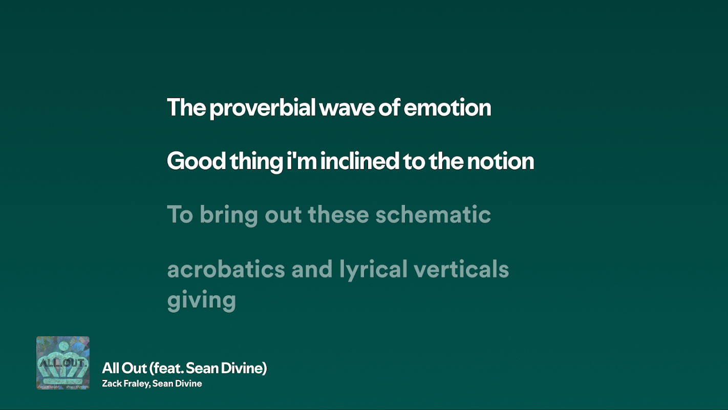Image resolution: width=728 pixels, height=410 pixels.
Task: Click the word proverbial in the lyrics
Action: (262, 108)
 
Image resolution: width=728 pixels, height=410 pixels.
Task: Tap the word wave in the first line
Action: (347, 108)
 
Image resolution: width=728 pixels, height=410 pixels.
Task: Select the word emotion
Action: (447, 108)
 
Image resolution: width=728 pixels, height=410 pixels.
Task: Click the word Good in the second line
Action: (196, 161)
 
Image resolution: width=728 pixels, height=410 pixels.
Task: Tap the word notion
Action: (501, 161)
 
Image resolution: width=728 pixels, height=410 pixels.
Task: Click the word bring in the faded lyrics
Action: (229, 215)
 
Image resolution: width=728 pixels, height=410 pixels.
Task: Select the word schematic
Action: (433, 214)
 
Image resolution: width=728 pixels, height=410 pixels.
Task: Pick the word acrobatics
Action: (226, 269)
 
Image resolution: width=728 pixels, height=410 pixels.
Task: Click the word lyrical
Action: (373, 270)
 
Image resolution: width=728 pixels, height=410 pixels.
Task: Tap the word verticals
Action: (461, 269)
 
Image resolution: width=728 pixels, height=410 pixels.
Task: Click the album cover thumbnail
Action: (63, 363)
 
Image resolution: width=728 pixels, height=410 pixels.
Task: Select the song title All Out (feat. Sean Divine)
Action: (184, 368)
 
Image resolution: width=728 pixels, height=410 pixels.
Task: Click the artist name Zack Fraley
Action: (126, 384)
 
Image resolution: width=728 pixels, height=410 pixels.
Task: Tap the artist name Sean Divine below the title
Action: (177, 383)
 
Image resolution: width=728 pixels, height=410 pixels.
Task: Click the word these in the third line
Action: (338, 214)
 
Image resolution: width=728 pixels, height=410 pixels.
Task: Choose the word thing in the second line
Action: (256, 161)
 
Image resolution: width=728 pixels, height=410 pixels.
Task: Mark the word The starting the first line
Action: (186, 108)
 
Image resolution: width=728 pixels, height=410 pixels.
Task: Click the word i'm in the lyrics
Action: (302, 160)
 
